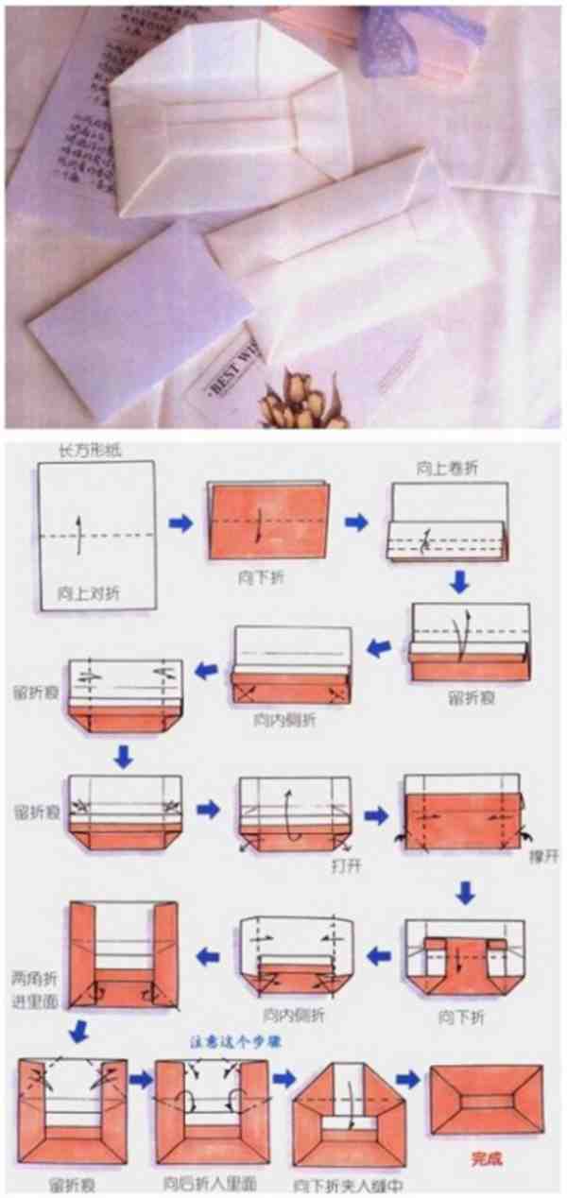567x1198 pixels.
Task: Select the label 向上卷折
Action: pyautogui.click(x=444, y=466)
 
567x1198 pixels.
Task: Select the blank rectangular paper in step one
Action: pyautogui.click(x=95, y=535)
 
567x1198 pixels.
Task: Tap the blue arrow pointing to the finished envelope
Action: pyautogui.click(x=408, y=1079)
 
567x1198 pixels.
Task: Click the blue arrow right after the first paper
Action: pyautogui.click(x=181, y=522)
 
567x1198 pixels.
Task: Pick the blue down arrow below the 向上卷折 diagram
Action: pyautogui.click(x=459, y=582)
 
